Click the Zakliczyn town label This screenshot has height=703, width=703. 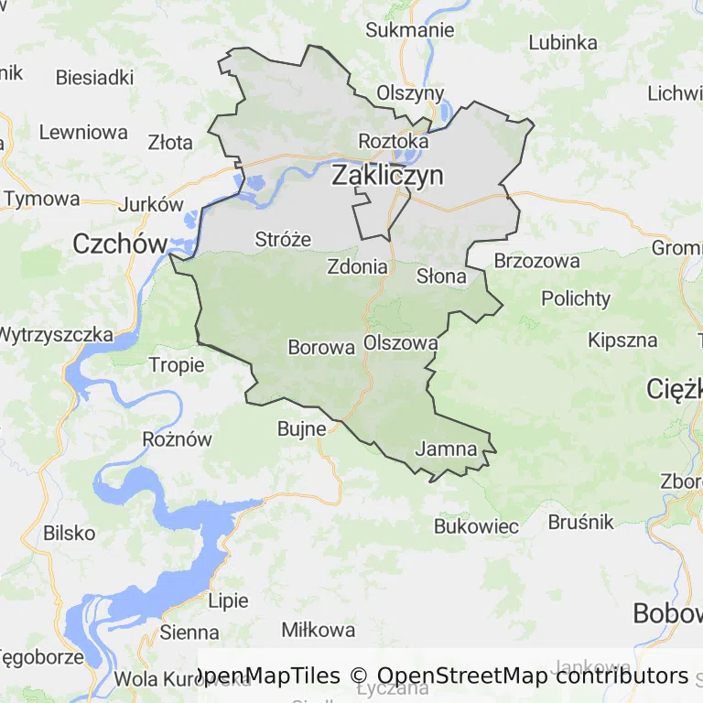point(387,176)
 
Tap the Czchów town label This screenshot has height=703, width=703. point(120,243)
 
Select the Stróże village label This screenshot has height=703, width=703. point(283,240)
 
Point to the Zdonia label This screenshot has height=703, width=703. point(357,267)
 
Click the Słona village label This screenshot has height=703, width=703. point(441,276)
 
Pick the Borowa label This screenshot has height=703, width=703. point(320,348)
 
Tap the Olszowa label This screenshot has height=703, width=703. point(400,342)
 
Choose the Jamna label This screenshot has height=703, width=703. point(446,449)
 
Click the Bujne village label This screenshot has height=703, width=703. point(302,427)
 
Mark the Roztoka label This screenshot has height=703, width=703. point(393,142)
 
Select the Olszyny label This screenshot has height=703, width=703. point(410,93)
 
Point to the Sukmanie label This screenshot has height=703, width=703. point(409,29)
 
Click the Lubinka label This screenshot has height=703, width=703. point(563,42)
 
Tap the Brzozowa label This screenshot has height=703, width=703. point(536,261)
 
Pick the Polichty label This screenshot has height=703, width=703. point(575,298)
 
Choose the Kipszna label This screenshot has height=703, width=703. point(622,341)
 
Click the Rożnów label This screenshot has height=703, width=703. point(177,438)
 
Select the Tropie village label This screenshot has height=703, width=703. point(177,365)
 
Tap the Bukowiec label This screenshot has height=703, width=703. point(476,526)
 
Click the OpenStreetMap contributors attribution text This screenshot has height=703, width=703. point(532,676)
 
